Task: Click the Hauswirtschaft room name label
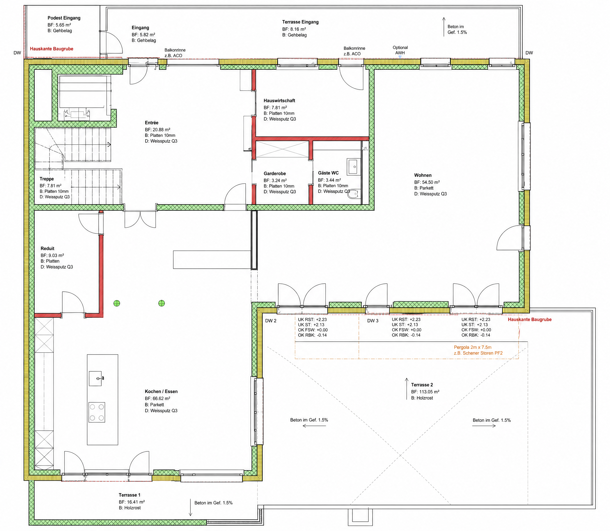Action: coord(279,101)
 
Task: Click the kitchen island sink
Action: coord(96,378)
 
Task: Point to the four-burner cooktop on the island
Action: coord(97,412)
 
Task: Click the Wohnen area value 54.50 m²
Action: coord(431,182)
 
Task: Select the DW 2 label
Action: coord(270,321)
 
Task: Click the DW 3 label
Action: coord(373,321)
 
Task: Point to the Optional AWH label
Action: coord(400,50)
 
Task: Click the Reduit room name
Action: coord(47,249)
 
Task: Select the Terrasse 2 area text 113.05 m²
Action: coord(429,392)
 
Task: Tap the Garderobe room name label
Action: coord(275,174)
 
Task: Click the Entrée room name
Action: coord(151,123)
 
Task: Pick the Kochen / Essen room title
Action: coord(161,392)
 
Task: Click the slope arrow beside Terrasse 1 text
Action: coord(191,507)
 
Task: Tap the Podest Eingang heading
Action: coord(64,18)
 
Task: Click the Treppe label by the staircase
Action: coord(47,179)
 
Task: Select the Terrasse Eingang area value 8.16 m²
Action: coord(299,29)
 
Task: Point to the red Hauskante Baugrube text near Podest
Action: coord(52,49)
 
